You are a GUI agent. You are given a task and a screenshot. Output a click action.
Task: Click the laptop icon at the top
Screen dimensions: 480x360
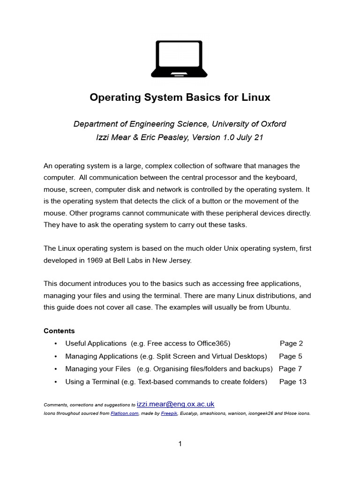coord(180,59)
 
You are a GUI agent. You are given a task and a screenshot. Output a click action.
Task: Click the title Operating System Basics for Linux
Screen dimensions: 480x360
coord(180,97)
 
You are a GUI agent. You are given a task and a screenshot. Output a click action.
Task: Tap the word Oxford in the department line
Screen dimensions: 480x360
coord(271,124)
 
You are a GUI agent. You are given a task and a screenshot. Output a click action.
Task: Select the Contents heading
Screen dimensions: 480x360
coord(59,330)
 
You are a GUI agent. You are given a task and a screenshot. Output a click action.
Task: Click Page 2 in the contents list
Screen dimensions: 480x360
coord(291,343)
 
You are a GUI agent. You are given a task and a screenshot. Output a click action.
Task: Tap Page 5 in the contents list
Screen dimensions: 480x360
coord(291,356)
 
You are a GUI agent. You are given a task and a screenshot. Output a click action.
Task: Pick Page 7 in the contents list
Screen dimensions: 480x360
coord(290,368)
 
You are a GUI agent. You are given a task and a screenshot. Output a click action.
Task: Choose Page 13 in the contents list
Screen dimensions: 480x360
coord(292,382)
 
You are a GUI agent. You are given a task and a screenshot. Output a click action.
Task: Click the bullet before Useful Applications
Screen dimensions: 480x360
coord(56,344)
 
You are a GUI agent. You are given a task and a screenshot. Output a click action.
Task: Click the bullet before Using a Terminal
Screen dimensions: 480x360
coord(56,382)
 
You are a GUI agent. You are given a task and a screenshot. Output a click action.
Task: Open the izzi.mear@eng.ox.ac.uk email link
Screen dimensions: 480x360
coord(175,404)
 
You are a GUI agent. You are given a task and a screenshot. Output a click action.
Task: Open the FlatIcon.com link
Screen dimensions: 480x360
coord(124,413)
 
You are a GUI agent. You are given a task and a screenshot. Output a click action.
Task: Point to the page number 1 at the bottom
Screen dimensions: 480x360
coord(180,444)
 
